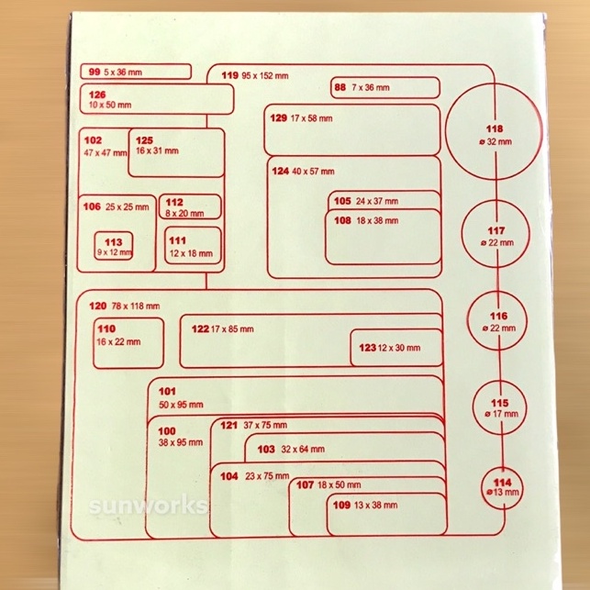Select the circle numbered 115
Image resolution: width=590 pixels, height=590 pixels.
tap(499, 407)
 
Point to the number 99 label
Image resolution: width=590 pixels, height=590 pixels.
tap(95, 71)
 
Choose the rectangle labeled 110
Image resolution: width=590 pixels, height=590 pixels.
tap(128, 341)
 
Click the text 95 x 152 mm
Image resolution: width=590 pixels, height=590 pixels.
tap(265, 76)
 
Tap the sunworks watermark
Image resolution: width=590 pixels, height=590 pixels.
tap(147, 506)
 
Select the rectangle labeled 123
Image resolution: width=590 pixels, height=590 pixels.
tap(395, 348)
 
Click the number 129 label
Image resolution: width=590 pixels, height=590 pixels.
tap(278, 118)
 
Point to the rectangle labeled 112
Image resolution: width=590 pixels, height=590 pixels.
tap(190, 206)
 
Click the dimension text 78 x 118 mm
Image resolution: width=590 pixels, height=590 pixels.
tap(136, 306)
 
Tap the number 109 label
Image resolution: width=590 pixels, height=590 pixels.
tap(341, 505)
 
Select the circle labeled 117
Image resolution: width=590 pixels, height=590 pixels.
tap(497, 236)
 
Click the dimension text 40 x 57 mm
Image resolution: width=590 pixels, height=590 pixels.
tap(315, 172)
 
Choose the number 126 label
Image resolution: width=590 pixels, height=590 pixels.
tap(97, 95)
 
